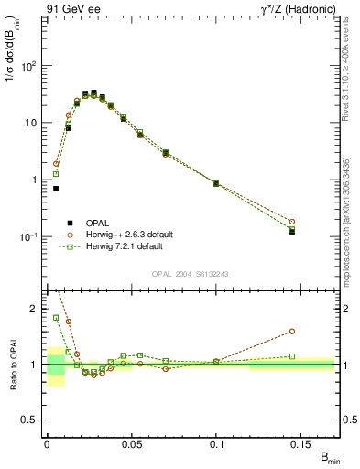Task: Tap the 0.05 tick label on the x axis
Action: [x=132, y=443]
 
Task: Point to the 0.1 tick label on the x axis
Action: [x=217, y=443]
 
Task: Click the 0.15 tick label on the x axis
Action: [x=301, y=443]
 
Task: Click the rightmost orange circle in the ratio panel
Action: [x=292, y=332]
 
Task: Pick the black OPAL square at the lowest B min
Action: [x=56, y=189]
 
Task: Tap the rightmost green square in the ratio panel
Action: [x=292, y=356]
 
